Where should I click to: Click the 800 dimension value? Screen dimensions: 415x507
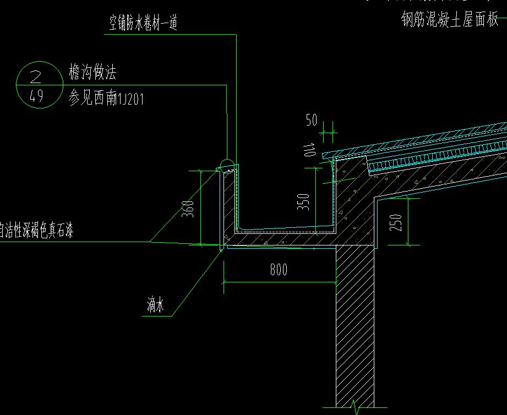pyautogui.click(x=279, y=270)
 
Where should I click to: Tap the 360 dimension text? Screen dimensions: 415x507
pyautogui.click(x=188, y=210)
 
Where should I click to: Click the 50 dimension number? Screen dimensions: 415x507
pyautogui.click(x=312, y=120)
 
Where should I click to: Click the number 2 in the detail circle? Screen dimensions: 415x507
pyautogui.click(x=37, y=74)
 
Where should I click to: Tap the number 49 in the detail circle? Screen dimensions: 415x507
pyautogui.click(x=37, y=97)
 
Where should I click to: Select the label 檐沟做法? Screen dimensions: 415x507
pyautogui.click(x=92, y=72)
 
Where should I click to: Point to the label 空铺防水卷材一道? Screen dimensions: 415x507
pyautogui.click(x=143, y=23)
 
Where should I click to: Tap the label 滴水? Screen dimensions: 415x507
pyautogui.click(x=155, y=305)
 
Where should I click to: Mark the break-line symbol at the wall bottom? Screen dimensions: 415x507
pyautogui.click(x=355, y=408)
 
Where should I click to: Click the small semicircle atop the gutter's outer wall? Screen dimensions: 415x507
pyautogui.click(x=226, y=163)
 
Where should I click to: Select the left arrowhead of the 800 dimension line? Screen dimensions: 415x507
pyautogui.click(x=225, y=283)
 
